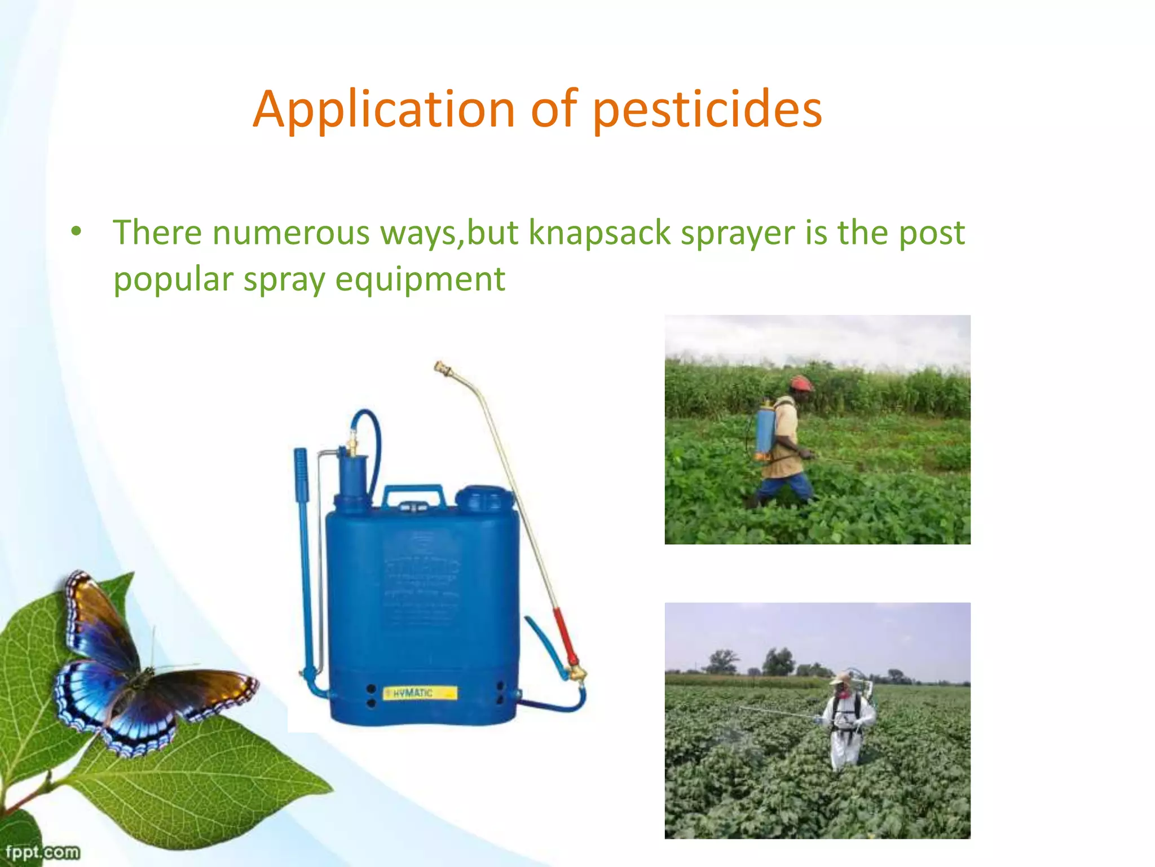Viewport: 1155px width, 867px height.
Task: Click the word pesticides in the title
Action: pos(707,110)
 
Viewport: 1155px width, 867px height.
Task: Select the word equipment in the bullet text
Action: pos(420,279)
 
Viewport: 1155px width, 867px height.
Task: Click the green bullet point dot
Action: pos(76,231)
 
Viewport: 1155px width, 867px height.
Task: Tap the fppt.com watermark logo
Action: pos(42,851)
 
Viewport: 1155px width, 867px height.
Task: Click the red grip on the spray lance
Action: pos(565,635)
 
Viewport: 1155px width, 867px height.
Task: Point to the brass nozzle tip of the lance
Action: pos(443,369)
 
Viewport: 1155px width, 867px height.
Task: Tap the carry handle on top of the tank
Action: pos(413,496)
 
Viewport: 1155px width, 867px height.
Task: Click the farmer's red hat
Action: pos(800,384)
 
